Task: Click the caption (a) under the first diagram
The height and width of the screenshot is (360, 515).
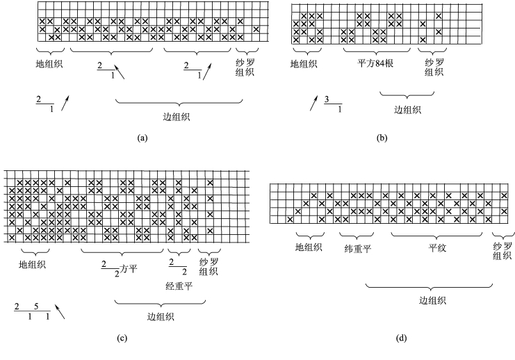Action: (143, 138)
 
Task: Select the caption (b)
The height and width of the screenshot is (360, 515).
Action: (382, 138)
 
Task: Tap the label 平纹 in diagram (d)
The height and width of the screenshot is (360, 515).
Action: (436, 247)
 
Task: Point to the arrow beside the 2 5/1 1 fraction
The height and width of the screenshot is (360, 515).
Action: (60, 312)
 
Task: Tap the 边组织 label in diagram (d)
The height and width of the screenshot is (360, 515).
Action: (432, 300)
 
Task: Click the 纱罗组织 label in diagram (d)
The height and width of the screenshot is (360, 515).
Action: (502, 251)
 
